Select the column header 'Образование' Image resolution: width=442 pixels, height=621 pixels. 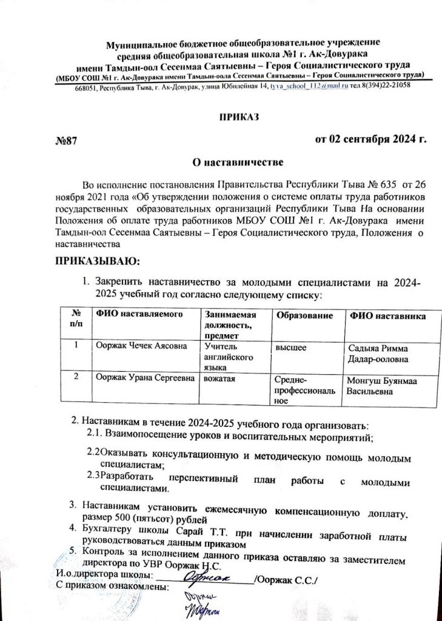click(x=304, y=317)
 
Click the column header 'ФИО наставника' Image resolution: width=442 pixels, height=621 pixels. click(x=386, y=317)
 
